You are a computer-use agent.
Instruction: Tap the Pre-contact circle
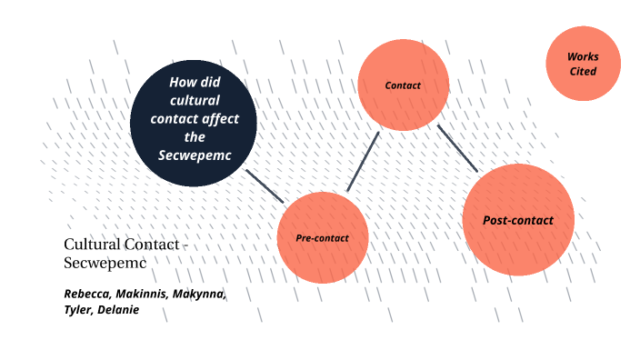point(322,238)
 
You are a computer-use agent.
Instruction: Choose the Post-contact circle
point(518,220)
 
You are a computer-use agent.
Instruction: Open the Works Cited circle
point(583,63)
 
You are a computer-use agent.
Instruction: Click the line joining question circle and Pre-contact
point(265,185)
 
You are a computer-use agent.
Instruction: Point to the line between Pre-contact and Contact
point(363,162)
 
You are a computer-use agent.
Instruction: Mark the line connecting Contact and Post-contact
point(457,148)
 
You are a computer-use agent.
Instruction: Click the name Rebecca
point(86,295)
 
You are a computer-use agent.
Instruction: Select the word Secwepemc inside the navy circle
point(193,155)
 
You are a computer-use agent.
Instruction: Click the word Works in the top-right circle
point(583,56)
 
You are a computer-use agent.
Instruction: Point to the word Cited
point(583,70)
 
